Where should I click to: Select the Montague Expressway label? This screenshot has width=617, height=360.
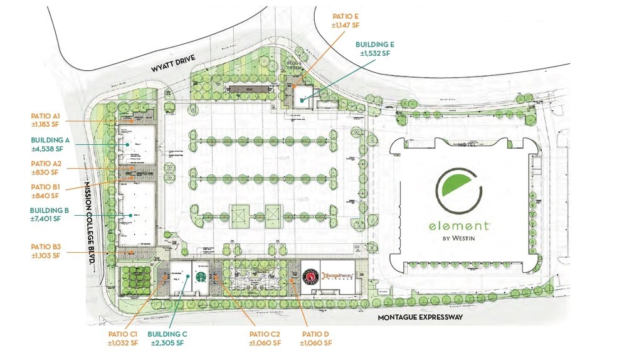419,317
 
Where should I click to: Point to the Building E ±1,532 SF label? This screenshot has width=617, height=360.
374,50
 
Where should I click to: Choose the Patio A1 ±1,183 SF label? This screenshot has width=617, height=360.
45,119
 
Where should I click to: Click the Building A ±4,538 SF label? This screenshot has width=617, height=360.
46,145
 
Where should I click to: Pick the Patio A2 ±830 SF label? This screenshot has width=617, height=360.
46,167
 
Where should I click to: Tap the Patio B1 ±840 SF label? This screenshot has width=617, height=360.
46,191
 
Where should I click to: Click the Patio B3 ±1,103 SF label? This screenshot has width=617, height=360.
45,251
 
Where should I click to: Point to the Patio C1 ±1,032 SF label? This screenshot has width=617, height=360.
123,339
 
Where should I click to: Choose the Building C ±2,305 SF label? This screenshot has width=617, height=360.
166,339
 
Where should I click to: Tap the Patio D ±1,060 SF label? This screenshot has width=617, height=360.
315,339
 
